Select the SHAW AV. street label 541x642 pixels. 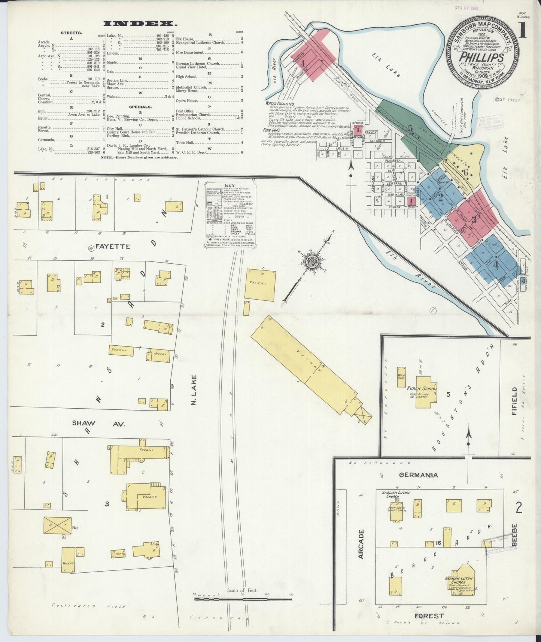click(x=98, y=424)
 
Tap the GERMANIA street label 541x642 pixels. click(x=418, y=475)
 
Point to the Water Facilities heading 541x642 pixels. click(x=279, y=103)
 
